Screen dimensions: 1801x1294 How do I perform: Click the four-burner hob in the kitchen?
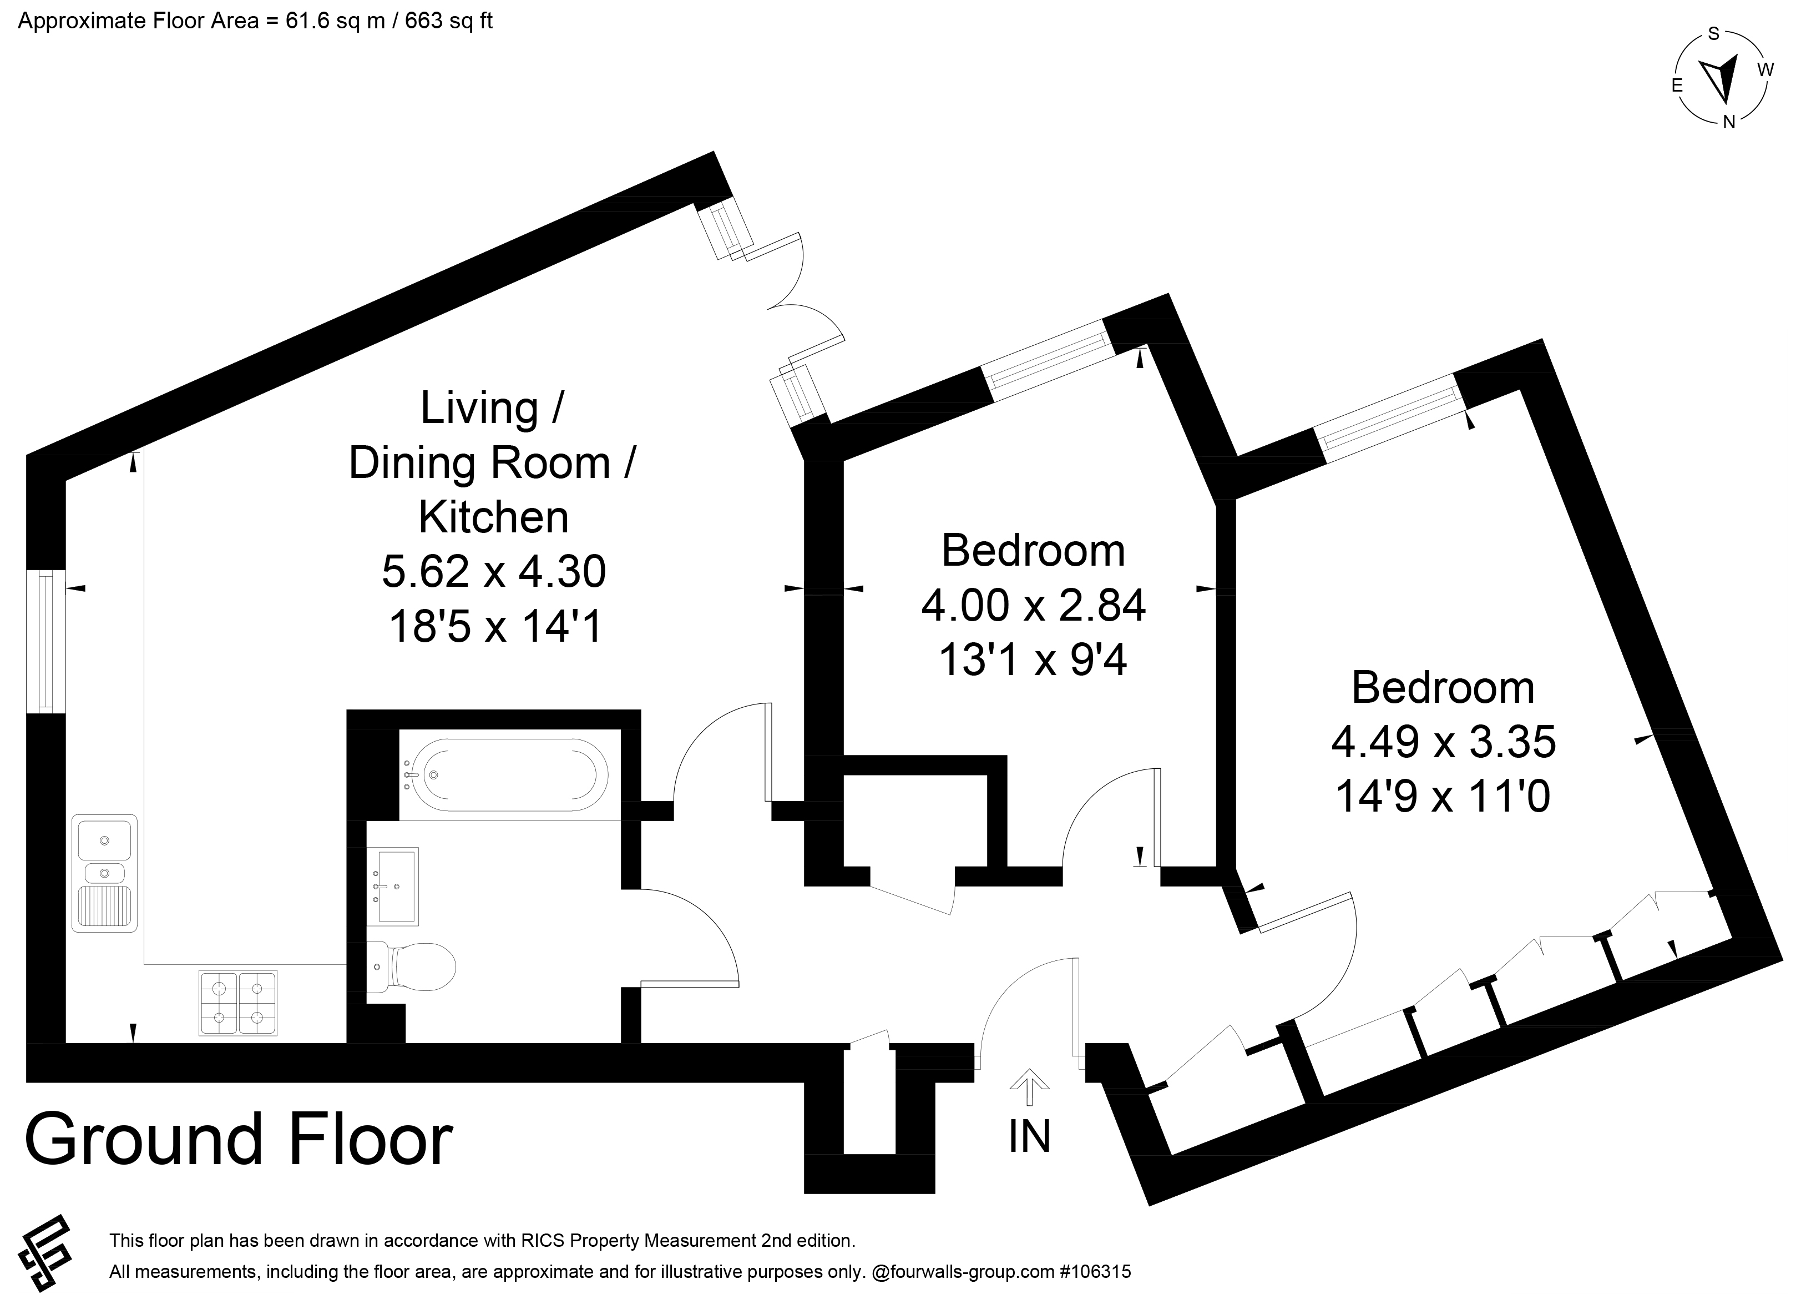point(238,1003)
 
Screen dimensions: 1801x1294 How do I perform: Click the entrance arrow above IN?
point(1029,1087)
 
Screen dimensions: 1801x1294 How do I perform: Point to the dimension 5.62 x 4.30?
point(494,571)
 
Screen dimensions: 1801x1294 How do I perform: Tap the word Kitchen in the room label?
point(494,517)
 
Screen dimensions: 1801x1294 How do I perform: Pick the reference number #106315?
point(1095,1272)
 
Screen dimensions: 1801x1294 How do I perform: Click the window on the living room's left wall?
point(45,641)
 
